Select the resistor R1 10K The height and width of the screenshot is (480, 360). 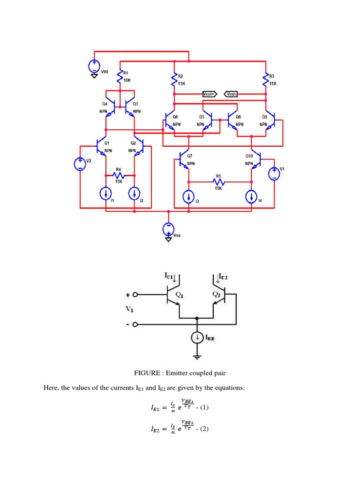point(120,77)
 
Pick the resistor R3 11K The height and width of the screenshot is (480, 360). point(265,79)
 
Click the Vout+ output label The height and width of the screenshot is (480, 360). point(209,94)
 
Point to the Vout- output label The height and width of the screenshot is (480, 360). point(232,94)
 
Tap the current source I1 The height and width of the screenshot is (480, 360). point(106,192)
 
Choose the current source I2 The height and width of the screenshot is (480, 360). point(135,192)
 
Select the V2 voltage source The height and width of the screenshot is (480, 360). point(80,164)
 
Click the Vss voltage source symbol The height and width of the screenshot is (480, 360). point(168,228)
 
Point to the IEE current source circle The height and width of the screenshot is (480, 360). point(197,337)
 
